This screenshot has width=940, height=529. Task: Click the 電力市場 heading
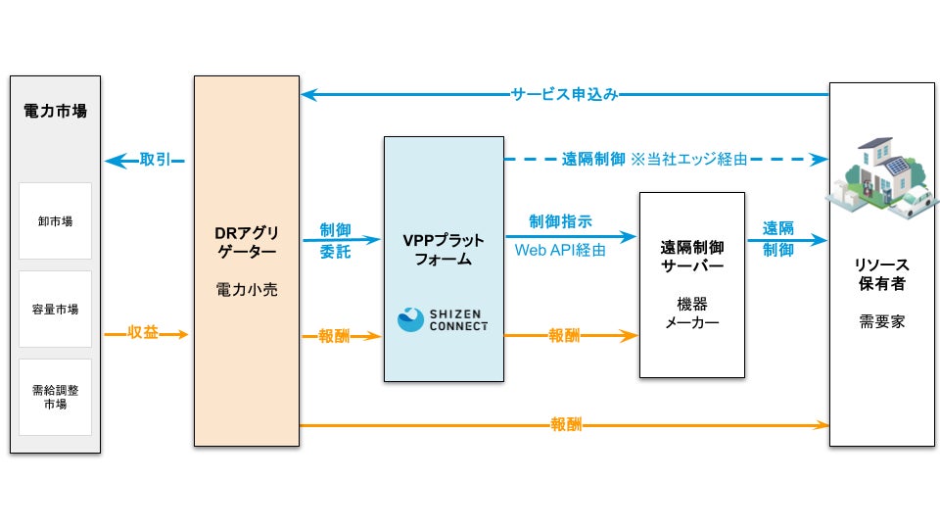pyautogui.click(x=55, y=111)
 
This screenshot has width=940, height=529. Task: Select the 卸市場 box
pyautogui.click(x=55, y=220)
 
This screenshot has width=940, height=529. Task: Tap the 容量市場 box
pyautogui.click(x=55, y=309)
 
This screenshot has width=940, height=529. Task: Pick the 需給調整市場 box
pyautogui.click(x=55, y=397)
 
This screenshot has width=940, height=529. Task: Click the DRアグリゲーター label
pyautogui.click(x=247, y=242)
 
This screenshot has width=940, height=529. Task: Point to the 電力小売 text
pyautogui.click(x=247, y=290)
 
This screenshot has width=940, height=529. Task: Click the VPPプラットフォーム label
pyautogui.click(x=444, y=250)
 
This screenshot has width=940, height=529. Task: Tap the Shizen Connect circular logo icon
pyautogui.click(x=410, y=319)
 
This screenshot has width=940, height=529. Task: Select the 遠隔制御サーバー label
pyautogui.click(x=692, y=257)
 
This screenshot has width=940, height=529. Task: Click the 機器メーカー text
pyautogui.click(x=692, y=313)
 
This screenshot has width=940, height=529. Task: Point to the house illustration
pyautogui.click(x=882, y=178)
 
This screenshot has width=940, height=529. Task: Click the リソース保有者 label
pyautogui.click(x=882, y=274)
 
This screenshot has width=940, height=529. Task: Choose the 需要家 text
pyautogui.click(x=882, y=322)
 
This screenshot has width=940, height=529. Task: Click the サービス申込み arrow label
pyautogui.click(x=564, y=94)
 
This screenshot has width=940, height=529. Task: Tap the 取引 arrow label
pyautogui.click(x=156, y=160)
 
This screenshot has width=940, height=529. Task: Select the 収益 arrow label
pyautogui.click(x=143, y=333)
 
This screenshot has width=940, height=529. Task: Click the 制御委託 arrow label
pyautogui.click(x=335, y=241)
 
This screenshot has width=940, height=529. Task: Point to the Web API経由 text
pyautogui.click(x=560, y=250)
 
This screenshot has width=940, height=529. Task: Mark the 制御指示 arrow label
pyautogui.click(x=560, y=221)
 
